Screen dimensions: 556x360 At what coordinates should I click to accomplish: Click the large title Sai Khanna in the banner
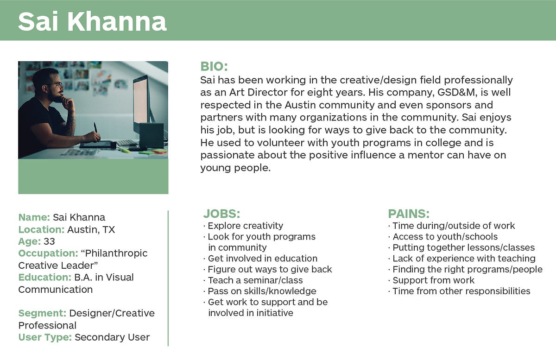pyautogui.click(x=92, y=22)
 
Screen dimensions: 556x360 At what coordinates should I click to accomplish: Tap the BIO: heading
pyautogui.click(x=214, y=67)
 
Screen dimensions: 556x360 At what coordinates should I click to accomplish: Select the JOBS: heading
pyautogui.click(x=221, y=214)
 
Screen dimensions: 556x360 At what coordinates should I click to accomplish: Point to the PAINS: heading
pyautogui.click(x=409, y=214)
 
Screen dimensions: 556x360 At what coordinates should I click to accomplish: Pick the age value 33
pyautogui.click(x=49, y=241)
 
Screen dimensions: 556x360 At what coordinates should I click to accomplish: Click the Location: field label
pyautogui.click(x=41, y=229)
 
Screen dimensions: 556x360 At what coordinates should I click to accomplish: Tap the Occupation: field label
pyautogui.click(x=48, y=253)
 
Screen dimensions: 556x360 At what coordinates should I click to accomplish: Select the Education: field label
pyautogui.click(x=45, y=278)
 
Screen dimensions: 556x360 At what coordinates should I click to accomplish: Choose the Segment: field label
pyautogui.click(x=43, y=313)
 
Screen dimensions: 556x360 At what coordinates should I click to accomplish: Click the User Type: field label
pyautogui.click(x=45, y=337)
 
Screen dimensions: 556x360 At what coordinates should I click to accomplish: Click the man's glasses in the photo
pyautogui.click(x=57, y=85)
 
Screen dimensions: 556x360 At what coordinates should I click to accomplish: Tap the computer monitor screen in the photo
pyautogui.click(x=141, y=101)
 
